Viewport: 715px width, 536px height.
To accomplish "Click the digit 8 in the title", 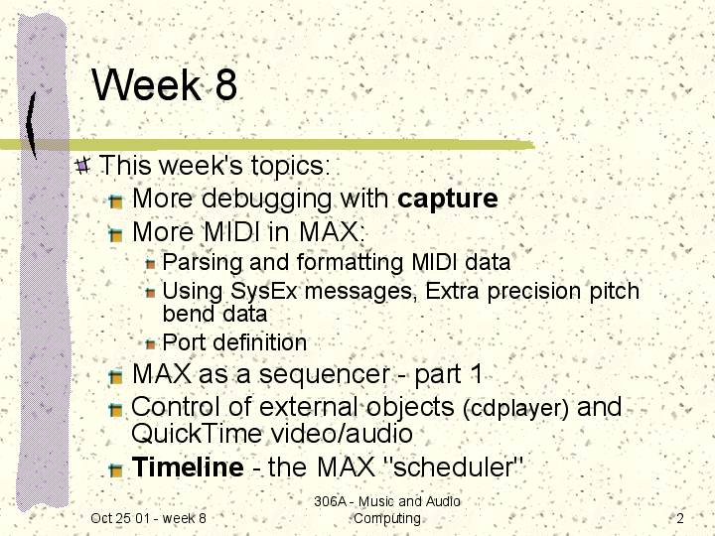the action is tap(226, 84).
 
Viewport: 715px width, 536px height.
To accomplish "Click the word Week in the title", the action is tap(146, 84).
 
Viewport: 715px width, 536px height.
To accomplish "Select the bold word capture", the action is tap(447, 200).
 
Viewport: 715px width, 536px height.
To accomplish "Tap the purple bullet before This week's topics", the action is tap(82, 165).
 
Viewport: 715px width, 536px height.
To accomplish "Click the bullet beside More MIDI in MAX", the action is tap(116, 234).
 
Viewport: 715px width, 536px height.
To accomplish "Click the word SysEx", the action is tap(263, 292).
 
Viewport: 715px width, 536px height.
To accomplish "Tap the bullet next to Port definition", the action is tap(151, 344).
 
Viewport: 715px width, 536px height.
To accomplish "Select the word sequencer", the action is tap(324, 375).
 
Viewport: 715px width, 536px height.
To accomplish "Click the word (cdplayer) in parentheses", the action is tap(515, 409).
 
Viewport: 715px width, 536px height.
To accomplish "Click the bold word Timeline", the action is tap(188, 467).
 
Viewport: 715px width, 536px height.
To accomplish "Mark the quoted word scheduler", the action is tap(454, 467).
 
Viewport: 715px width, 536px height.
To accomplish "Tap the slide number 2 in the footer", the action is tap(680, 518).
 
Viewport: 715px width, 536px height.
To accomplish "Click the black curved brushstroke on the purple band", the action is tap(31, 125).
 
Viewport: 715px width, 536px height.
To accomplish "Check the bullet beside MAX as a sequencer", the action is tap(116, 376).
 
